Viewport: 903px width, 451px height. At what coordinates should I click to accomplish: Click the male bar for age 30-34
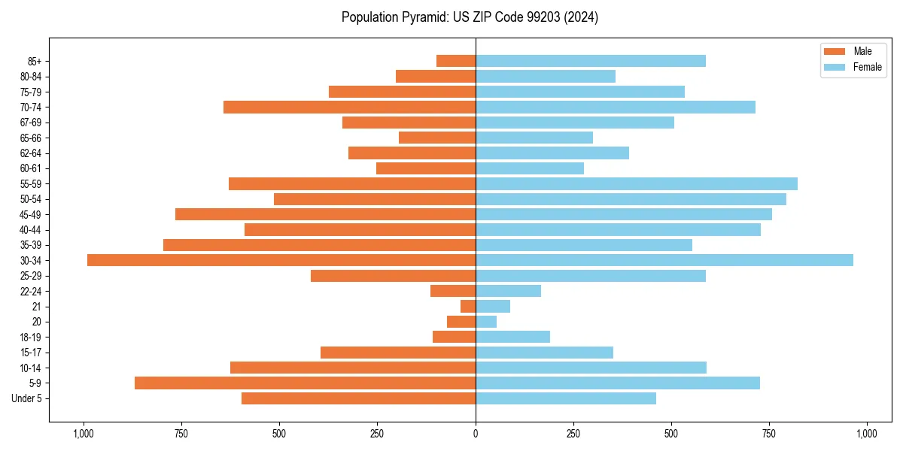click(x=281, y=260)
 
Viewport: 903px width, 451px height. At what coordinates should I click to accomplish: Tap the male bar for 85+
click(x=456, y=61)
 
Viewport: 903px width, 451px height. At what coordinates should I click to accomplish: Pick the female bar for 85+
click(x=591, y=61)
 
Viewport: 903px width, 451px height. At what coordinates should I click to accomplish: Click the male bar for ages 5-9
click(x=305, y=383)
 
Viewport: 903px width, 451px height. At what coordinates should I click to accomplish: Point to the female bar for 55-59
click(x=637, y=183)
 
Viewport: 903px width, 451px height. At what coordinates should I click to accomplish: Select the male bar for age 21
click(x=468, y=306)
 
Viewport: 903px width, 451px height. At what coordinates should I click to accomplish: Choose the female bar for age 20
click(x=486, y=322)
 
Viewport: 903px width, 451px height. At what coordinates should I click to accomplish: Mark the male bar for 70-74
click(x=349, y=107)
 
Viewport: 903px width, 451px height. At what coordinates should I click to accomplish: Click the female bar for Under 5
click(x=566, y=398)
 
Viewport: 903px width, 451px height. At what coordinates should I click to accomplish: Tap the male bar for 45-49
click(x=325, y=214)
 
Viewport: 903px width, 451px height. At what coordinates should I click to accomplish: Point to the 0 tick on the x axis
click(x=476, y=434)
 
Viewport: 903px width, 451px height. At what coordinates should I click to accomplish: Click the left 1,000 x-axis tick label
click(x=83, y=434)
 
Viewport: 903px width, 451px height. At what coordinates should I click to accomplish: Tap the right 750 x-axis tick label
click(x=769, y=434)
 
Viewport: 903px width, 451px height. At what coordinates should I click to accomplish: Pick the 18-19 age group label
click(x=31, y=337)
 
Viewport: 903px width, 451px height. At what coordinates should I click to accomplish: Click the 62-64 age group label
click(x=31, y=153)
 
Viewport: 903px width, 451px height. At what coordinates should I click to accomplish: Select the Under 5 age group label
click(x=27, y=398)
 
